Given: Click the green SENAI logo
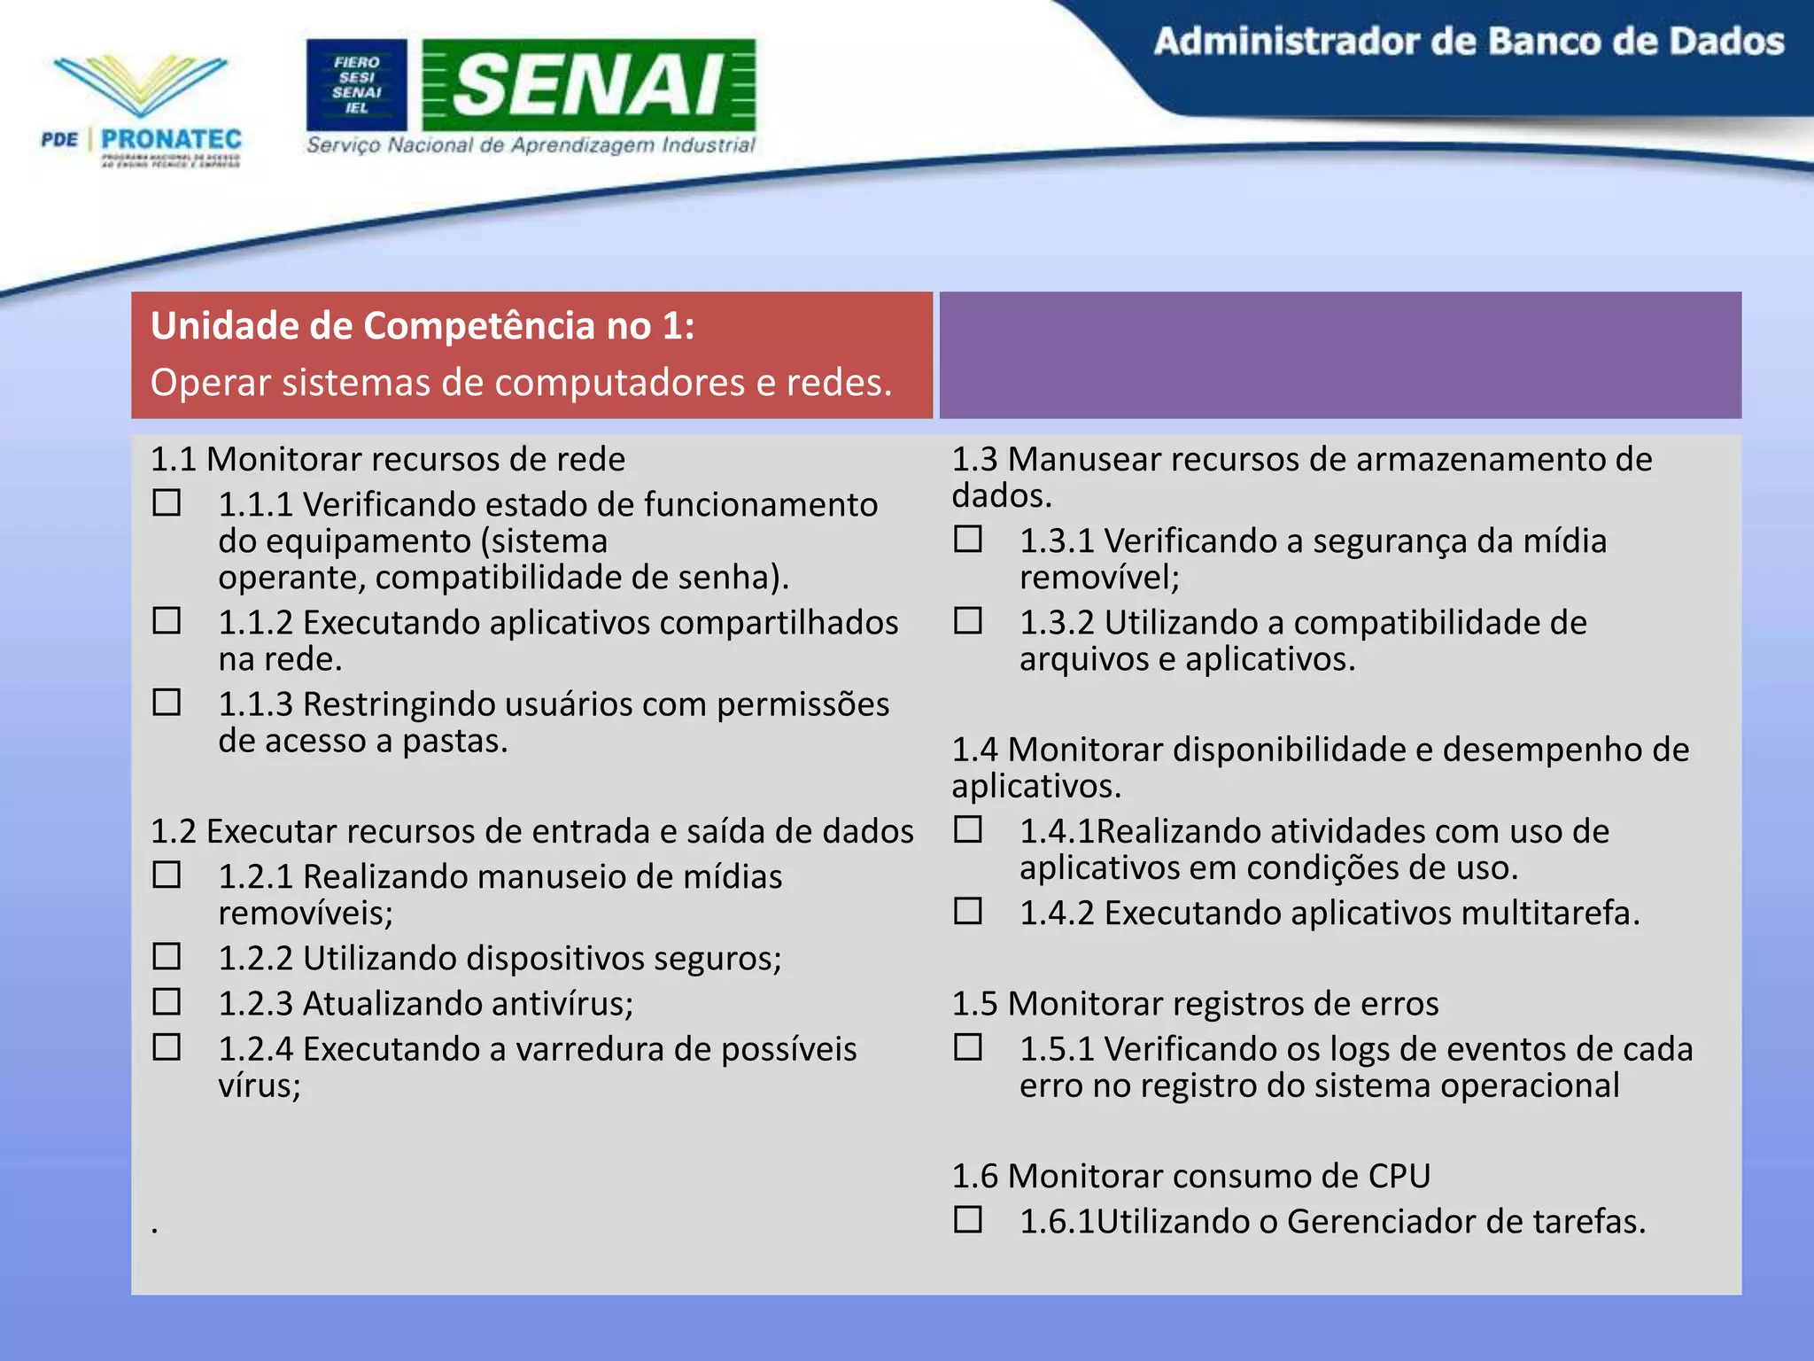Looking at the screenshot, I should (589, 85).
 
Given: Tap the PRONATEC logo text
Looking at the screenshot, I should (171, 140).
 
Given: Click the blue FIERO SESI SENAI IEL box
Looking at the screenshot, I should (356, 85).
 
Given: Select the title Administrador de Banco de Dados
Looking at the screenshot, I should (1468, 42).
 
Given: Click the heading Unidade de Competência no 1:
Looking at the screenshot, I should (422, 326).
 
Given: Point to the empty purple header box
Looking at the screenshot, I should (1339, 354).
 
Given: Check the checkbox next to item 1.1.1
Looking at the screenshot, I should (167, 503).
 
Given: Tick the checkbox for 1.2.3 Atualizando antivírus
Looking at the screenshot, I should (167, 1002).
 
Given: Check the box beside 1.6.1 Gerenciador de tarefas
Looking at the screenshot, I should (967, 1220).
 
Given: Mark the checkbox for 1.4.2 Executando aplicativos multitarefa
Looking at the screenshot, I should (967, 911).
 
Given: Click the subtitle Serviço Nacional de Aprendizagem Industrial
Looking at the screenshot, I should (531, 145).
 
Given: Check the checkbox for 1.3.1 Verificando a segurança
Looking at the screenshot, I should (967, 539).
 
